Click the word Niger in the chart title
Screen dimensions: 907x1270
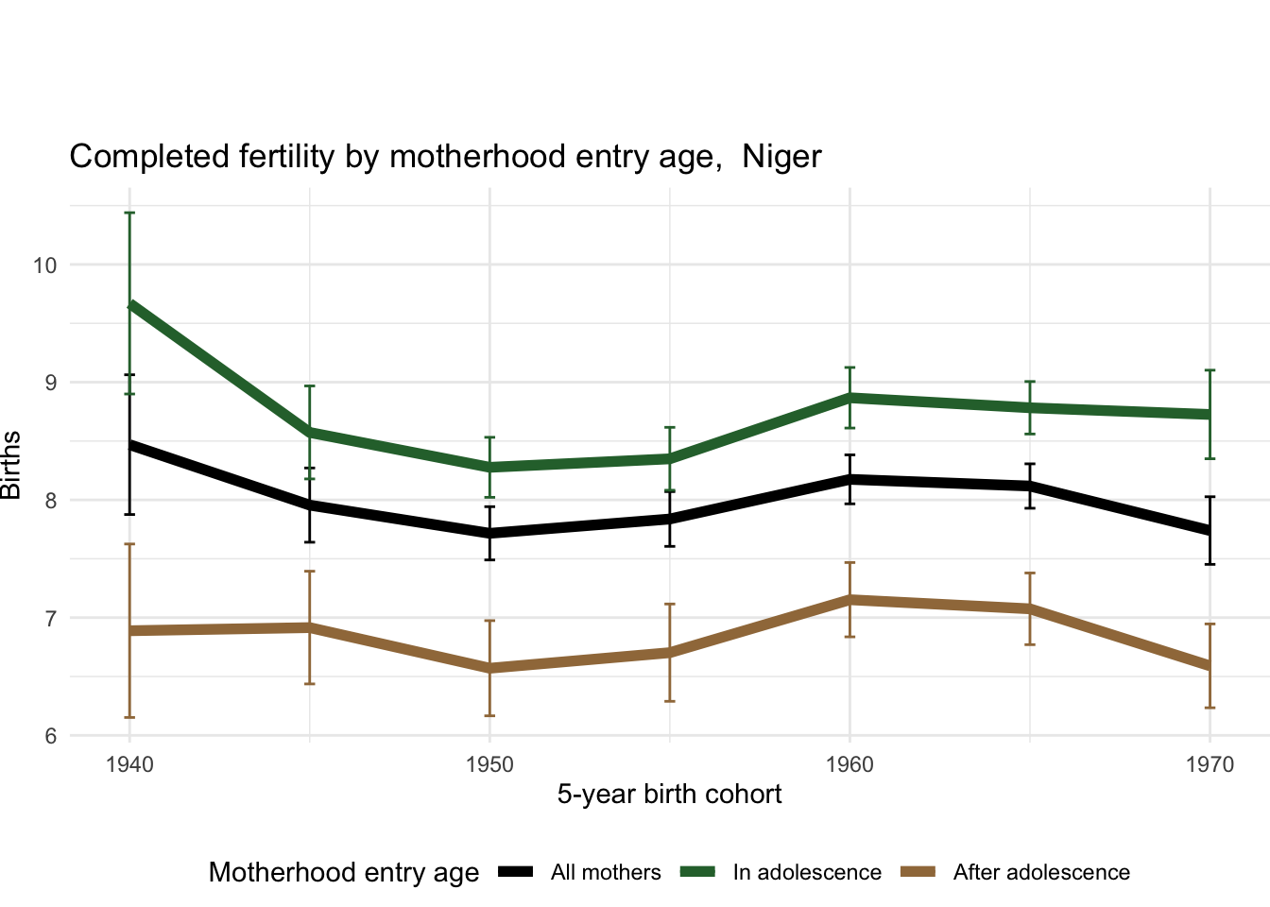click(x=781, y=157)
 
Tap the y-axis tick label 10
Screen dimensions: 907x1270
click(x=44, y=265)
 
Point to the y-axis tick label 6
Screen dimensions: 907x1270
click(x=51, y=736)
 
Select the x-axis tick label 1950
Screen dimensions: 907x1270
click(x=489, y=764)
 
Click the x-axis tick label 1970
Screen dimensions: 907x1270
click(x=1210, y=764)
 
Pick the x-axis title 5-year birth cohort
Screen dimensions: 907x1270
click(x=669, y=795)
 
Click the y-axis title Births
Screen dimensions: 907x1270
click(x=11, y=465)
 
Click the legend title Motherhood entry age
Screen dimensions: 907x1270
click(x=344, y=873)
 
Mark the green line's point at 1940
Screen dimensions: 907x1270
click(x=130, y=305)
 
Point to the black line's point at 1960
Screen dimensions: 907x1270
click(x=850, y=479)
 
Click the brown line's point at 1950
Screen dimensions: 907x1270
click(x=489, y=668)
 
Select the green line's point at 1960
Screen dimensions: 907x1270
click(x=850, y=398)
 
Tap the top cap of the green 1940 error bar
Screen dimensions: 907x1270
click(x=130, y=214)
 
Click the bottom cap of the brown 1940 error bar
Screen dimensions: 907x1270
click(x=130, y=717)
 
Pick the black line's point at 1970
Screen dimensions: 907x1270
click(x=1210, y=530)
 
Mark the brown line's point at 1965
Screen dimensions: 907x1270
click(x=1030, y=608)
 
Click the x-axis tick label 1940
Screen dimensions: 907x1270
click(x=130, y=764)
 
